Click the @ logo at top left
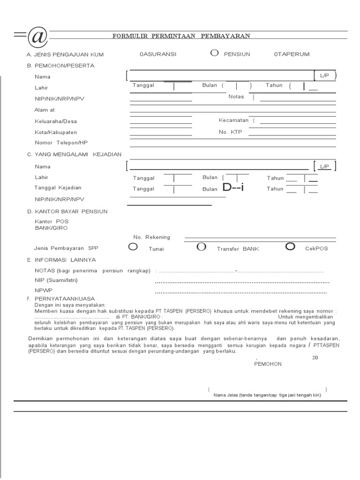pos(37,37)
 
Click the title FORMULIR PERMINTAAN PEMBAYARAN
pos(181,36)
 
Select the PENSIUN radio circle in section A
pos(214,53)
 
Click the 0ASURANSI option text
pos(158,54)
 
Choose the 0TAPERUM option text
pos(292,54)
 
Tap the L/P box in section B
pos(325,76)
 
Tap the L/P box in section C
pos(325,166)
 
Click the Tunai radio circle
pos(133,247)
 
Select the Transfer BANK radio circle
pos(202,247)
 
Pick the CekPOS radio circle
pos(290,247)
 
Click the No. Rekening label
pos(151,237)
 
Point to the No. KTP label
pos(230,132)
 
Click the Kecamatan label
pos(233,120)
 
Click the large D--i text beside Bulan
pos(233,188)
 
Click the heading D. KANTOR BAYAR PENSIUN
pos(67,212)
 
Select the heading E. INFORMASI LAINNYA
pos(61,260)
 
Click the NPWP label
pos(42,291)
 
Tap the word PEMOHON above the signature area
pos(268,364)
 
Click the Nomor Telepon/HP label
pos(61,142)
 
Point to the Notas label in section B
pos(236,97)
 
